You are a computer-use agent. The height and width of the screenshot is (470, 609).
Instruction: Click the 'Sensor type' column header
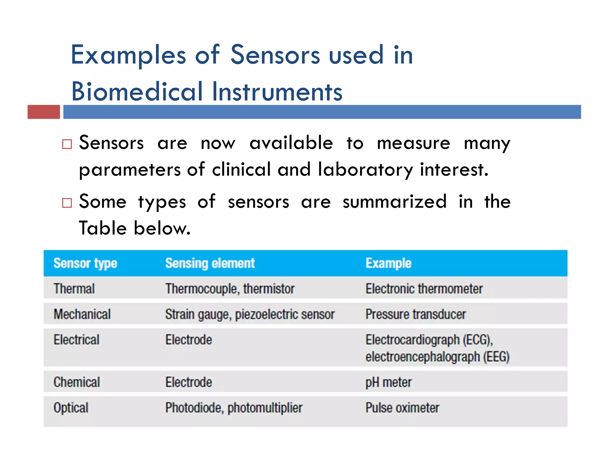[x=85, y=264]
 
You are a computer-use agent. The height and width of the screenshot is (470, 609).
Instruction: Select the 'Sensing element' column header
[x=210, y=264]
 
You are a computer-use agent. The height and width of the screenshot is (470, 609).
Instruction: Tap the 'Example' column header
[x=388, y=264]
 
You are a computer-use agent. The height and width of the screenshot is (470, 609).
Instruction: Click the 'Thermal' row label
[x=74, y=289]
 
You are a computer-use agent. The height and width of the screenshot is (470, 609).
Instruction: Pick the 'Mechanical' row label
[x=82, y=314]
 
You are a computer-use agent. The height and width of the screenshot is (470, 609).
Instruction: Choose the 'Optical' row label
[x=71, y=408]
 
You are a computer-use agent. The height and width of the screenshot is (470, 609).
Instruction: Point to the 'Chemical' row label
[x=77, y=382]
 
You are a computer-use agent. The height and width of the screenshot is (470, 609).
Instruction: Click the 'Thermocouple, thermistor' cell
[x=230, y=289]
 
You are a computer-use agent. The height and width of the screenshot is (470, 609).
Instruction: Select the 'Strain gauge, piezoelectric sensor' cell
[x=250, y=314]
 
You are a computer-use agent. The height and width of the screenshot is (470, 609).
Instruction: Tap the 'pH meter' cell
[x=388, y=382]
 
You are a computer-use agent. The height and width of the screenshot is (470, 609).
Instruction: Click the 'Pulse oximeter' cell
[x=402, y=408]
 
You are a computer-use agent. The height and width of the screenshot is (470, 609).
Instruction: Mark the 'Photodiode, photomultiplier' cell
[x=234, y=408]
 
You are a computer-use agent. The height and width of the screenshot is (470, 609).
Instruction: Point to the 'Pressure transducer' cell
[x=415, y=314]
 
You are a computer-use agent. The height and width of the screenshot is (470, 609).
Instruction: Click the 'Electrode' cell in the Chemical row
[x=189, y=382]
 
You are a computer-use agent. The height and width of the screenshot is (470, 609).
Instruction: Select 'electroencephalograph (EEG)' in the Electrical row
[x=437, y=357]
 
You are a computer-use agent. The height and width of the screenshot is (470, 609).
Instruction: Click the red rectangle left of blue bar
[x=44, y=112]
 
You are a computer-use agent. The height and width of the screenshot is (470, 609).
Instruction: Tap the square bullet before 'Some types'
[x=67, y=203]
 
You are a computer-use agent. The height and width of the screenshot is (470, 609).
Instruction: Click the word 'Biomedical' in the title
[x=137, y=92]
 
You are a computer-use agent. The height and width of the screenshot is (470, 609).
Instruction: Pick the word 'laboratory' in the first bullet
[x=365, y=170]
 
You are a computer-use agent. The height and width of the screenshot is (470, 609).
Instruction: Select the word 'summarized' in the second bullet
[x=394, y=202]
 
